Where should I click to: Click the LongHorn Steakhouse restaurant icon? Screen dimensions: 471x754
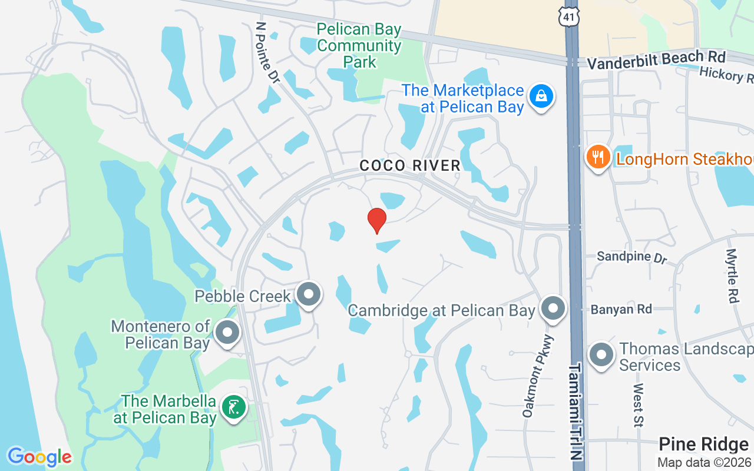click(x=598, y=157)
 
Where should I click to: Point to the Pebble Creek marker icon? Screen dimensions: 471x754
click(x=308, y=294)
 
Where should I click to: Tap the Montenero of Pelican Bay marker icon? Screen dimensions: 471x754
click(x=227, y=333)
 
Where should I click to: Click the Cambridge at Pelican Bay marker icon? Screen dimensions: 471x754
click(x=553, y=309)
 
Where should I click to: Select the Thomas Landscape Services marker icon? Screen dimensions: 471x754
click(x=601, y=356)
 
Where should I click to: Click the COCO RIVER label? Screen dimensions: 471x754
click(x=410, y=165)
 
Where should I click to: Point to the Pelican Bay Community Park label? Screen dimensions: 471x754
click(x=359, y=45)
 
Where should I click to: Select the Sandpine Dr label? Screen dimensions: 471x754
click(x=631, y=257)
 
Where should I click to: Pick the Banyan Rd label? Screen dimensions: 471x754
click(x=621, y=309)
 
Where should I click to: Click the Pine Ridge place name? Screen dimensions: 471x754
click(x=703, y=444)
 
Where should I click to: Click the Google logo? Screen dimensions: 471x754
click(x=39, y=456)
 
